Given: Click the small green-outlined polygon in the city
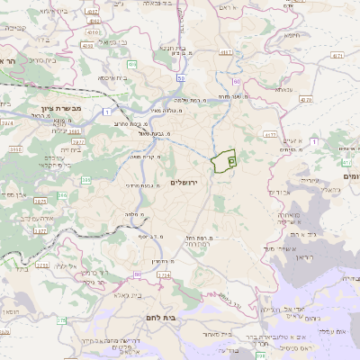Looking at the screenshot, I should (x=222, y=160).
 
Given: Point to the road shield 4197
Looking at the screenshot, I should (x=224, y=53).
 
